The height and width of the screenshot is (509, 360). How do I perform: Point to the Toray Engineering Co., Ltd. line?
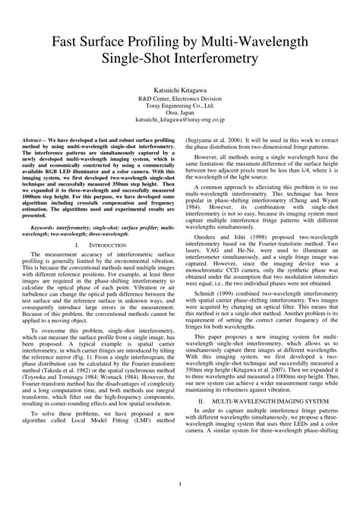179,106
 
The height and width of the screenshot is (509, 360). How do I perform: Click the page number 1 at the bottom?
179,484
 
